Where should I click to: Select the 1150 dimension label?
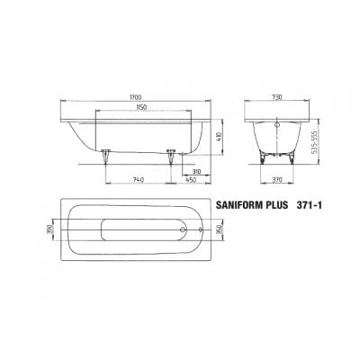click(x=136, y=108)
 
